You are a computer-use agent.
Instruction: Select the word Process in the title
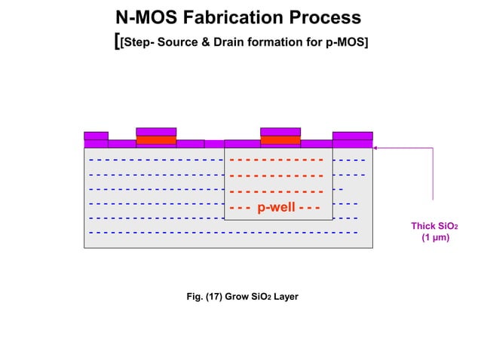(328, 17)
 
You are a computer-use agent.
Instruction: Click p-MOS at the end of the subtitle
(344, 41)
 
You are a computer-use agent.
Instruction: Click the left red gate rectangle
(156, 140)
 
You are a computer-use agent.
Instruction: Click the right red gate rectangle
(280, 140)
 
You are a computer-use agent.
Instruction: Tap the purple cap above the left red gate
(156, 132)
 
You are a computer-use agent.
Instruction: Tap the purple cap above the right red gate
(280, 132)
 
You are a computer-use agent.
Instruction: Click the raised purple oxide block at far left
(96, 136)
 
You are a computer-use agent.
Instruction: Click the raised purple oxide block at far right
(352, 136)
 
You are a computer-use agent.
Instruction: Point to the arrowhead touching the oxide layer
(375, 148)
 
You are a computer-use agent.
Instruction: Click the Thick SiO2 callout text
(434, 226)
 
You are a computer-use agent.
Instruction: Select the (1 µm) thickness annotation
(435, 238)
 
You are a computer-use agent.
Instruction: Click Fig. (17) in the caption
(209, 297)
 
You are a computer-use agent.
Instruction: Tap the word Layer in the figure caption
(286, 297)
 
